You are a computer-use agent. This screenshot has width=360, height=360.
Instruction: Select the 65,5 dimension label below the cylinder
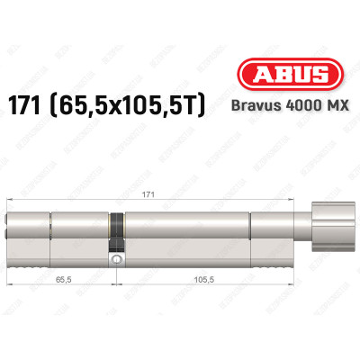pyautogui.click(x=60, y=280)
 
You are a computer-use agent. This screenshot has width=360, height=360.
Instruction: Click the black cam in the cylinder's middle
pyautogui.click(x=115, y=232)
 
